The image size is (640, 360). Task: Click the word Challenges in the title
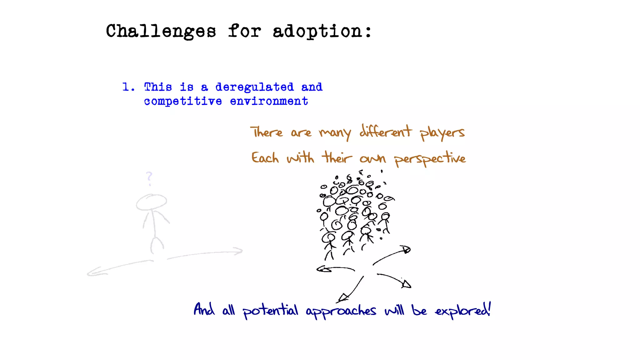tap(161, 32)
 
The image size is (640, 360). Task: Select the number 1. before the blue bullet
tap(128, 87)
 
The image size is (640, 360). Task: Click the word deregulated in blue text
tap(254, 87)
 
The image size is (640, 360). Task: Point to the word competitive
tap(183, 101)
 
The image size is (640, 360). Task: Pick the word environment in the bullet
tap(269, 101)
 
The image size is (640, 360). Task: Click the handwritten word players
tap(442, 133)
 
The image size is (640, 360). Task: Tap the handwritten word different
tap(385, 132)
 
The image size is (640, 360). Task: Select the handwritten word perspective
tap(430, 158)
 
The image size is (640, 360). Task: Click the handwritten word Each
tap(265, 158)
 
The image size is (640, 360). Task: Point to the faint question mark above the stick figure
tap(149, 178)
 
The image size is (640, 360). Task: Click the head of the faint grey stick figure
tap(151, 202)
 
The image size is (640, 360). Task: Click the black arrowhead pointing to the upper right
tap(406, 249)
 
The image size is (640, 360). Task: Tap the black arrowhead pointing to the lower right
tap(407, 284)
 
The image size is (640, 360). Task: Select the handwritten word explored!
tap(463, 310)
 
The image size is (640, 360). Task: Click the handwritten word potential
tap(270, 311)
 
